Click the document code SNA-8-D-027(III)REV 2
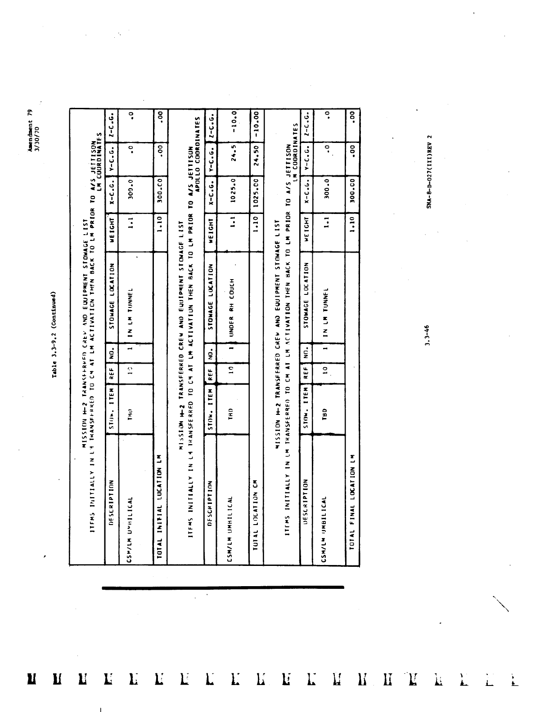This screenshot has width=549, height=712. [x=429, y=171]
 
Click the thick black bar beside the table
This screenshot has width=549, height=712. [x=223, y=587]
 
